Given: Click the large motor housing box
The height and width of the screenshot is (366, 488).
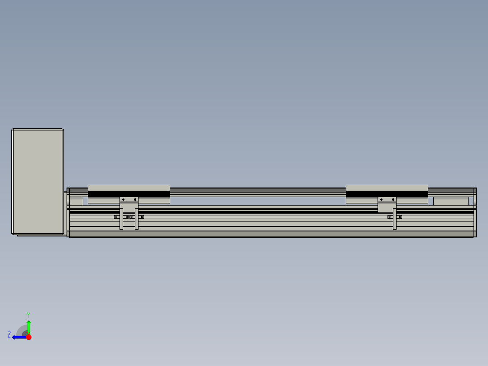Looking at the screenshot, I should coord(38,181).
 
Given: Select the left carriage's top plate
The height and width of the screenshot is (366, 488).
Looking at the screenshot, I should coord(129,188).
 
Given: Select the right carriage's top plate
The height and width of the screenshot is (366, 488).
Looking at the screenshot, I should coord(387,188).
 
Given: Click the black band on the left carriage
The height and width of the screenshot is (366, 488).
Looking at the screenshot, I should coord(129,194).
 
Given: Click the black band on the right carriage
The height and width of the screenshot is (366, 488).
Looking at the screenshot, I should coord(387,194).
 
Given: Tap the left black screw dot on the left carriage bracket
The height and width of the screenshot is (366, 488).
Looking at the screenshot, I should coord(123,199).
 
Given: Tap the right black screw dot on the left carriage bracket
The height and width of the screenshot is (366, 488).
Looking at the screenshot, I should coord(135,199).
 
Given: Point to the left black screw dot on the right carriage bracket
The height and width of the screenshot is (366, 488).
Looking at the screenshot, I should coord(381,199).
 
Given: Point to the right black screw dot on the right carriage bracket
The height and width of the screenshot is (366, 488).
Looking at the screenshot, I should coord(393,199).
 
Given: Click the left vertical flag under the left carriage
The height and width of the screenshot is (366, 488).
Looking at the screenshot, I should coord(121,219).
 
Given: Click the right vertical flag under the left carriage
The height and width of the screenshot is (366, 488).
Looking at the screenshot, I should coord(137,219).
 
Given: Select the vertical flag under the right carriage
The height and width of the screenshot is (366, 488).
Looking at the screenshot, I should coord(395,219).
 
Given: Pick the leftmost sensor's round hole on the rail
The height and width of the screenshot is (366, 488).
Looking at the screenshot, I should coord(116,217).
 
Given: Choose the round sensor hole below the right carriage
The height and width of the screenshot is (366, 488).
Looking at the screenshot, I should coord(389,217).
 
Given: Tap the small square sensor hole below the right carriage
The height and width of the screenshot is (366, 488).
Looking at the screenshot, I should coord(400,217).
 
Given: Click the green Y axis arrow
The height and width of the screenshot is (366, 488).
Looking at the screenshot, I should coord(29,326).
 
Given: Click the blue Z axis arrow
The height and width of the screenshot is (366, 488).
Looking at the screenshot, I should coord(18,337).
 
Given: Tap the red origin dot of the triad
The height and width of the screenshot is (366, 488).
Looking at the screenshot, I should coord(29,337).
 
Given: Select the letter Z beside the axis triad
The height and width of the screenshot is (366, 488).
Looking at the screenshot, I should coord(9,334).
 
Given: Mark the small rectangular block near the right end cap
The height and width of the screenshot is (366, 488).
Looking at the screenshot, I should coord(450,202).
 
